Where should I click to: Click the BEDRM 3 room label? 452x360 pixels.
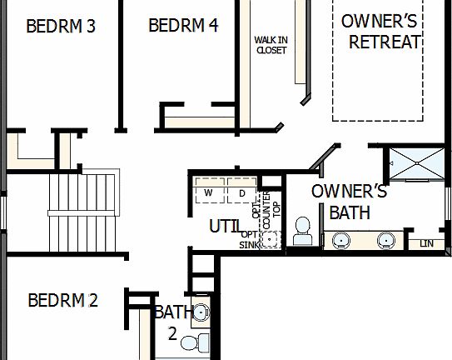[x=61, y=26]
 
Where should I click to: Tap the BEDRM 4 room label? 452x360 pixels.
[x=183, y=26]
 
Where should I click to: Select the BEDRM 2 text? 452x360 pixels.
[x=62, y=300]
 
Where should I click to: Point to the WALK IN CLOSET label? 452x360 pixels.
[x=271, y=45]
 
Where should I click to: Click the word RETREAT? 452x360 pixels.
[x=385, y=42]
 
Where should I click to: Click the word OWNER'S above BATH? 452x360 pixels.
[x=349, y=192]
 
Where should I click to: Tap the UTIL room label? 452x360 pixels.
[x=226, y=226]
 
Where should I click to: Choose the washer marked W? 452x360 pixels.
[x=209, y=194]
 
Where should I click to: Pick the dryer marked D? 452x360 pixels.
[x=242, y=194]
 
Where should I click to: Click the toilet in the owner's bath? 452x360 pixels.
[x=302, y=232]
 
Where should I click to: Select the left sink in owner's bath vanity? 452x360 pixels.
[x=341, y=241]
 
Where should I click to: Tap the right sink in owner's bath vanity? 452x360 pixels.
[x=385, y=241]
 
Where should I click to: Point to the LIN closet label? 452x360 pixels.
[x=428, y=243]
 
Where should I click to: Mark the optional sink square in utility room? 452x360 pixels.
[x=270, y=240]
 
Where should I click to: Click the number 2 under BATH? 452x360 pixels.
[x=171, y=333]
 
